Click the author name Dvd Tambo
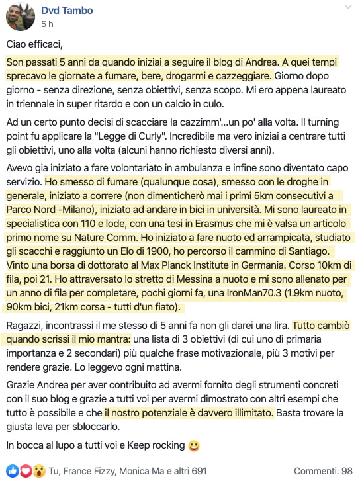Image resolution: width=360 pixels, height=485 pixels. [x=67, y=10]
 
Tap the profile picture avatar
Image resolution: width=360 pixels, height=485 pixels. [x=21, y=17]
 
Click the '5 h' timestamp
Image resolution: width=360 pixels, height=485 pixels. [x=47, y=24]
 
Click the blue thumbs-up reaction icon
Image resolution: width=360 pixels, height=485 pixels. [x=12, y=471]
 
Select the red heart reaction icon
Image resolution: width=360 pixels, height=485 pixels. [x=24, y=471]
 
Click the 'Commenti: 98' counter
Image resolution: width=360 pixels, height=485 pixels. [x=323, y=471]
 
